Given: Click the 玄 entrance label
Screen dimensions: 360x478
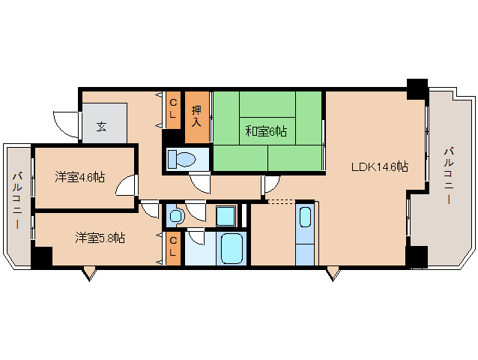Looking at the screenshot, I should point(101,125).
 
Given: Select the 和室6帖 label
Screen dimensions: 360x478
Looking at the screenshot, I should point(266,132).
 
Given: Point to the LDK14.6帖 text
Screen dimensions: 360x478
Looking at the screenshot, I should point(380,166).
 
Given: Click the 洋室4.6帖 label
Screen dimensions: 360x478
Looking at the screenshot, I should point(79,178).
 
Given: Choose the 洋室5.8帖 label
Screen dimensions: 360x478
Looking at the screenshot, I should point(100,238).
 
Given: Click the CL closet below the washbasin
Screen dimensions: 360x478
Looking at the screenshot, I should point(172,246).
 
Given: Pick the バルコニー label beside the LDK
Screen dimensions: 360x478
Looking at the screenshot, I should point(447,177).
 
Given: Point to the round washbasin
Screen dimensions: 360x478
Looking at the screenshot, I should point(175,217).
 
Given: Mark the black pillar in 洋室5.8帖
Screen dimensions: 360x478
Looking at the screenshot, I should point(42,257).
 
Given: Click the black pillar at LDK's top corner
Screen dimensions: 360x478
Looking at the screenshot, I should point(416,88).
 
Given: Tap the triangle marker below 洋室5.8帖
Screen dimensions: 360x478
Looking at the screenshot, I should point(90,274).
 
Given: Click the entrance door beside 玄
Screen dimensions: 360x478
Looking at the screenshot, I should point(67,122).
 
